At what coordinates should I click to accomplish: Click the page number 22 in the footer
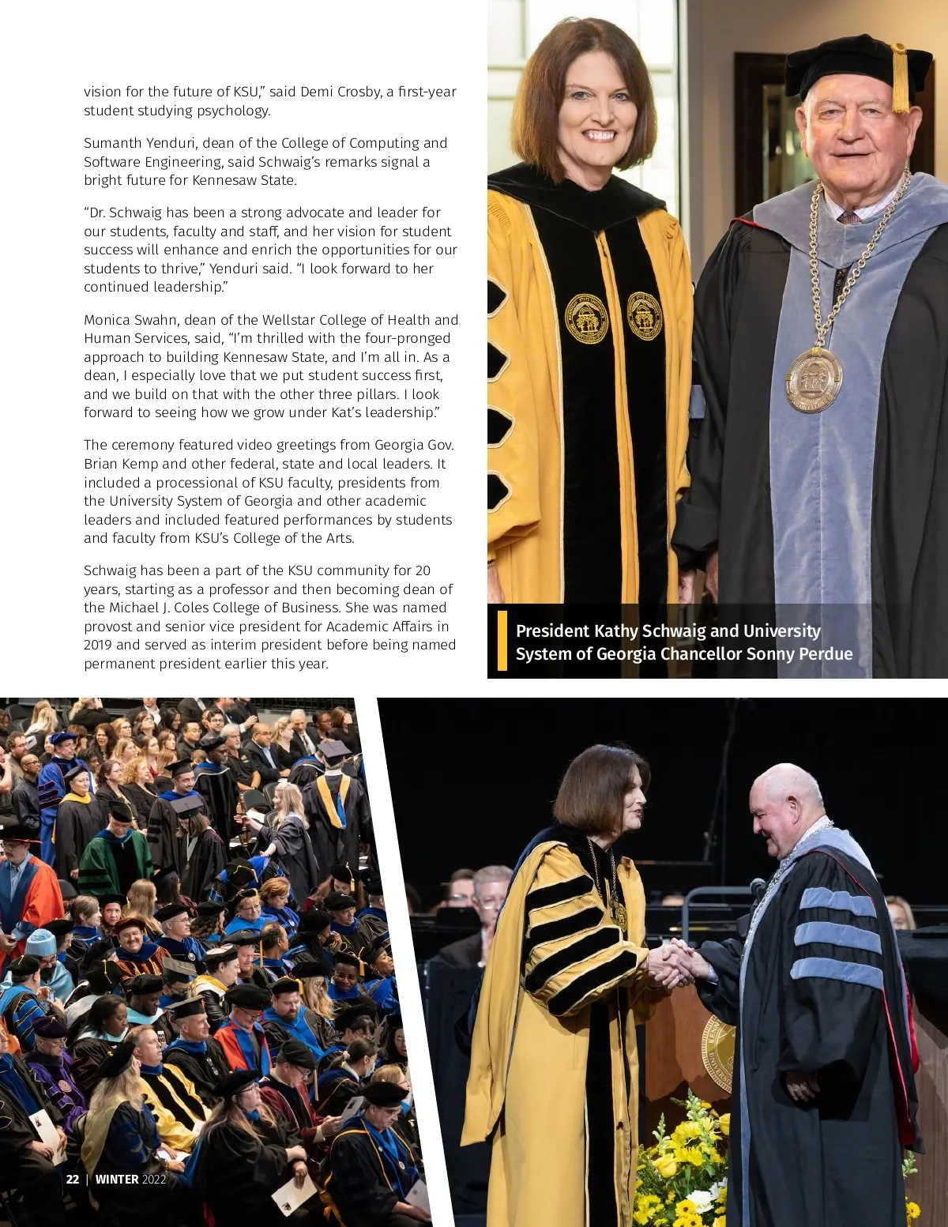pos(72,1179)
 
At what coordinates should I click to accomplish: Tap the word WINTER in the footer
pos(117,1179)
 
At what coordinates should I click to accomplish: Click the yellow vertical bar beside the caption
pos(502,641)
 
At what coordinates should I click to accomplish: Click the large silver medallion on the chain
pos(813,379)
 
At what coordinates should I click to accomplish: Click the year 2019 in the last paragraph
pos(98,645)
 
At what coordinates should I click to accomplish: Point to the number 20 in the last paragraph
pos(423,570)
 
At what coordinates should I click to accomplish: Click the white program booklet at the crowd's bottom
pos(293,1195)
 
